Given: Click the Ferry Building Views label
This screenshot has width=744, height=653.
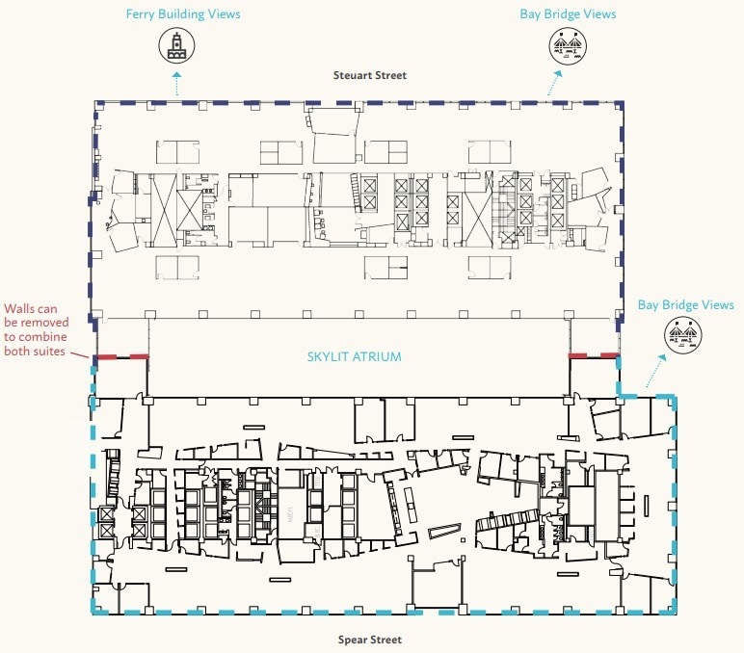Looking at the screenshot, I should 183,14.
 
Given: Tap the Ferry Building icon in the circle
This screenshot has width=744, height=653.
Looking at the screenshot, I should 175,46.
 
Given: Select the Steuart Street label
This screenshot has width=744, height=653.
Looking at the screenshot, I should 370,75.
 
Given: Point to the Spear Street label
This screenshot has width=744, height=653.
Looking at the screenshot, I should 369,639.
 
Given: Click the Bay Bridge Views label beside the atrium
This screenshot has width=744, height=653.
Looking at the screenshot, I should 685,304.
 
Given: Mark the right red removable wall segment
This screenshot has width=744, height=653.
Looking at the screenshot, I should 593,355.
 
